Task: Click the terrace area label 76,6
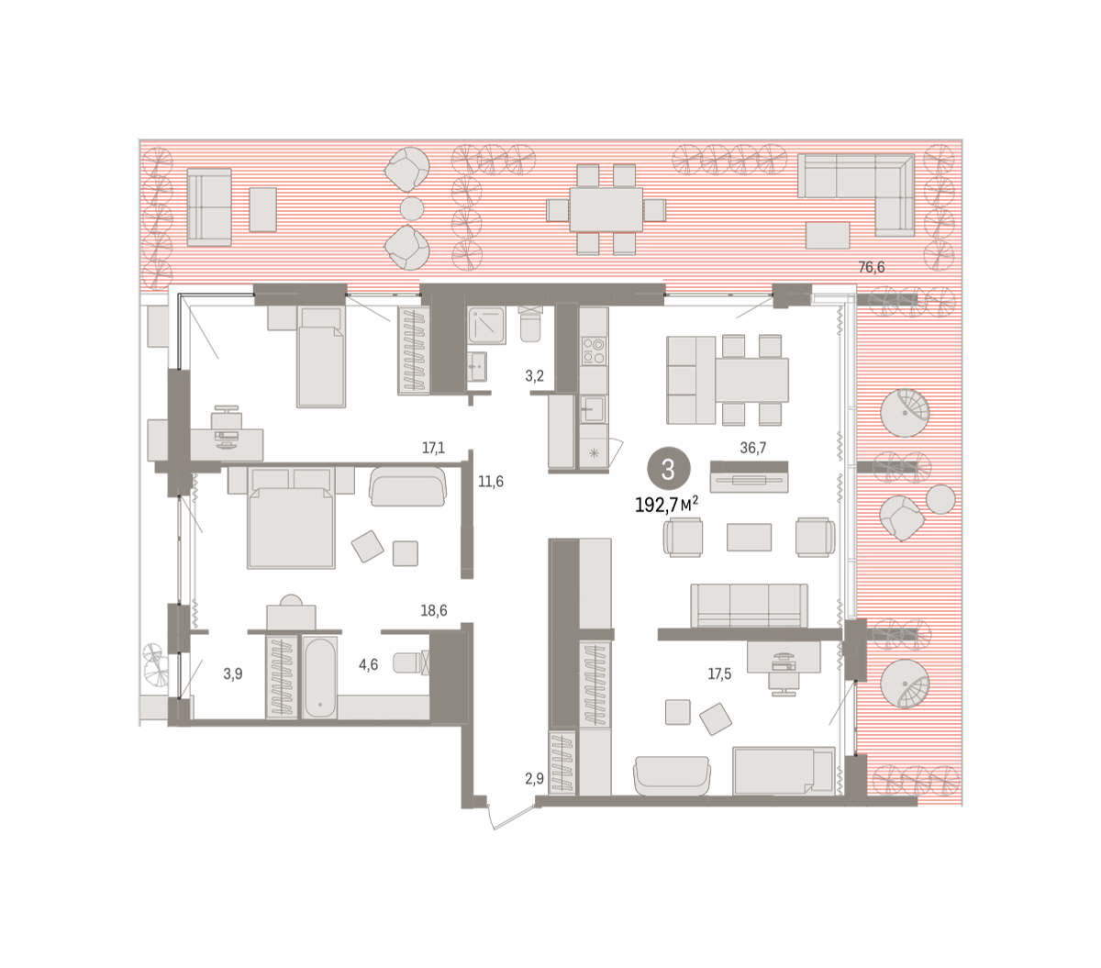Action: tap(871, 267)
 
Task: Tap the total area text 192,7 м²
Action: tap(666, 505)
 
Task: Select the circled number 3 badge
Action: tap(668, 469)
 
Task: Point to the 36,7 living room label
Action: tap(752, 448)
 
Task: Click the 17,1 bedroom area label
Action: tap(433, 448)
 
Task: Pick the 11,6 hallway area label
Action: tap(490, 482)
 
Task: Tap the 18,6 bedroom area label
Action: tap(434, 611)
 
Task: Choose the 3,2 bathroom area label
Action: tap(534, 376)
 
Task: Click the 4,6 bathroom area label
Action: tap(368, 664)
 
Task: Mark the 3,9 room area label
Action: tap(233, 674)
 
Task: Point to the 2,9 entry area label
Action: tap(534, 778)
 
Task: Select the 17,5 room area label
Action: tap(719, 674)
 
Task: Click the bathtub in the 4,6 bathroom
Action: tap(320, 677)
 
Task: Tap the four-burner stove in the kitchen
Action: tap(594, 350)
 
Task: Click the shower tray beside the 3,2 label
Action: tap(487, 325)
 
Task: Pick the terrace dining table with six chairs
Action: tap(606, 210)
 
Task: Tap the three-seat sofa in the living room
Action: tap(749, 606)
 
